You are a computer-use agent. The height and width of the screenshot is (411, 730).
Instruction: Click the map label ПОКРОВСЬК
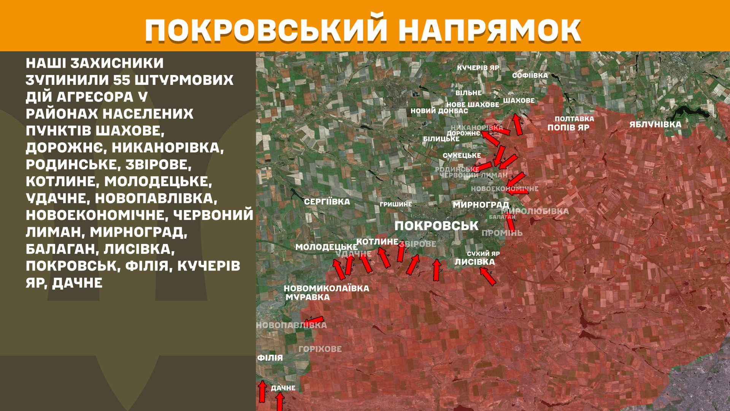436,226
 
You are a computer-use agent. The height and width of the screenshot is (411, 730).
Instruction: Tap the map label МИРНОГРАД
481,205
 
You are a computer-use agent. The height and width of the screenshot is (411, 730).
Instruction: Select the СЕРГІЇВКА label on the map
327,202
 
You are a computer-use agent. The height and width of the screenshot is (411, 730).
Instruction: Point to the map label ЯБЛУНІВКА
655,124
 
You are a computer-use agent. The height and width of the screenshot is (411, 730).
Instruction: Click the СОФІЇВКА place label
530,75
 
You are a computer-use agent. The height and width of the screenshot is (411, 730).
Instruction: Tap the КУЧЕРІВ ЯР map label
478,68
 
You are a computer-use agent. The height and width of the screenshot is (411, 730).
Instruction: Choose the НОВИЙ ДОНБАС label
439,111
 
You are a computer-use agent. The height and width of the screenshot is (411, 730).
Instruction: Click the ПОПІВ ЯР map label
568,128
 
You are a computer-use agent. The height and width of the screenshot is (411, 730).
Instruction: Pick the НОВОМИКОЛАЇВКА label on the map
326,288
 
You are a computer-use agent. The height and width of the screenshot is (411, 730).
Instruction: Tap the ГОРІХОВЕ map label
320,349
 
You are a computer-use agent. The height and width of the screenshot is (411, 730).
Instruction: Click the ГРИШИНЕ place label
395,204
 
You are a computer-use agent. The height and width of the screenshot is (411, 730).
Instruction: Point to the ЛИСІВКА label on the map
475,262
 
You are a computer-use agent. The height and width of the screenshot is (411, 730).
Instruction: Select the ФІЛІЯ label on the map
270,358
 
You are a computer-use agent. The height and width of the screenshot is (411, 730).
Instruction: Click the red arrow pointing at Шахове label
517,124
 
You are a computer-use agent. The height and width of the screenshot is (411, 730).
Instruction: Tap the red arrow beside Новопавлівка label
314,320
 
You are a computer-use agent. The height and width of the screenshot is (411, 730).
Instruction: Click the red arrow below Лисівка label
488,276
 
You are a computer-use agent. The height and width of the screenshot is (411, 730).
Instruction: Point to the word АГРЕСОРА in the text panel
95,97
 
